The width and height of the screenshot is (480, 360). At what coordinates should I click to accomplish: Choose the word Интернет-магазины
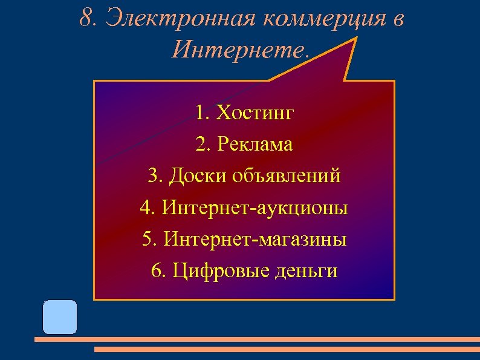point(255,240)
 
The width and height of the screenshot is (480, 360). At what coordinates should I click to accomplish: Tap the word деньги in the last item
point(305,271)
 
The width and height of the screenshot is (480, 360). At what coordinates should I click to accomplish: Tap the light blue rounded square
point(60,317)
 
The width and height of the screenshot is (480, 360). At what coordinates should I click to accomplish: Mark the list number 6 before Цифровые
point(157,271)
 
